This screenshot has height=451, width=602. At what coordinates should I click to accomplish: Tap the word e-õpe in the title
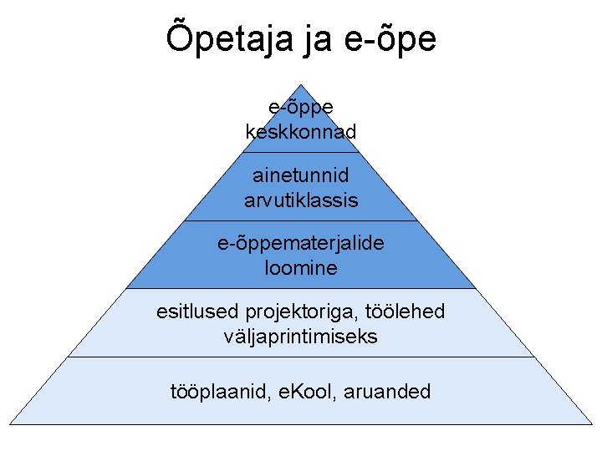[390, 38]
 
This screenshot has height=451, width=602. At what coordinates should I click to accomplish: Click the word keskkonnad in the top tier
[301, 132]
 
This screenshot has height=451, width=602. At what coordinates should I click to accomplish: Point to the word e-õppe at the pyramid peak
[301, 108]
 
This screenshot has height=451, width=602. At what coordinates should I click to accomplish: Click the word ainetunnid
[301, 175]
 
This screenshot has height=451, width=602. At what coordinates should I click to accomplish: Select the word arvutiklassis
[301, 200]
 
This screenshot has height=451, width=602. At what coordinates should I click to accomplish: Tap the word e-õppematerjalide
[301, 244]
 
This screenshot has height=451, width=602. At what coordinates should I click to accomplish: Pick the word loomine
[301, 268]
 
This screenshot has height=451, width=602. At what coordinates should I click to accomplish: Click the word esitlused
[197, 312]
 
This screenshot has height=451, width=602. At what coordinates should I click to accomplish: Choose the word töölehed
[403, 312]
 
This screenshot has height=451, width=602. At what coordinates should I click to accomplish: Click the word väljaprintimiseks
[301, 337]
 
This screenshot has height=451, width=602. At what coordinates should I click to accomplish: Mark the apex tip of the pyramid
[301, 84]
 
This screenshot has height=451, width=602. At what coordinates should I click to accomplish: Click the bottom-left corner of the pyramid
[10, 424]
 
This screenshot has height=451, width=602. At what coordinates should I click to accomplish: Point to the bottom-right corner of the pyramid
[592, 424]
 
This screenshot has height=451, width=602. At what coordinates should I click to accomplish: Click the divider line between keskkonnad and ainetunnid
[301, 153]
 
